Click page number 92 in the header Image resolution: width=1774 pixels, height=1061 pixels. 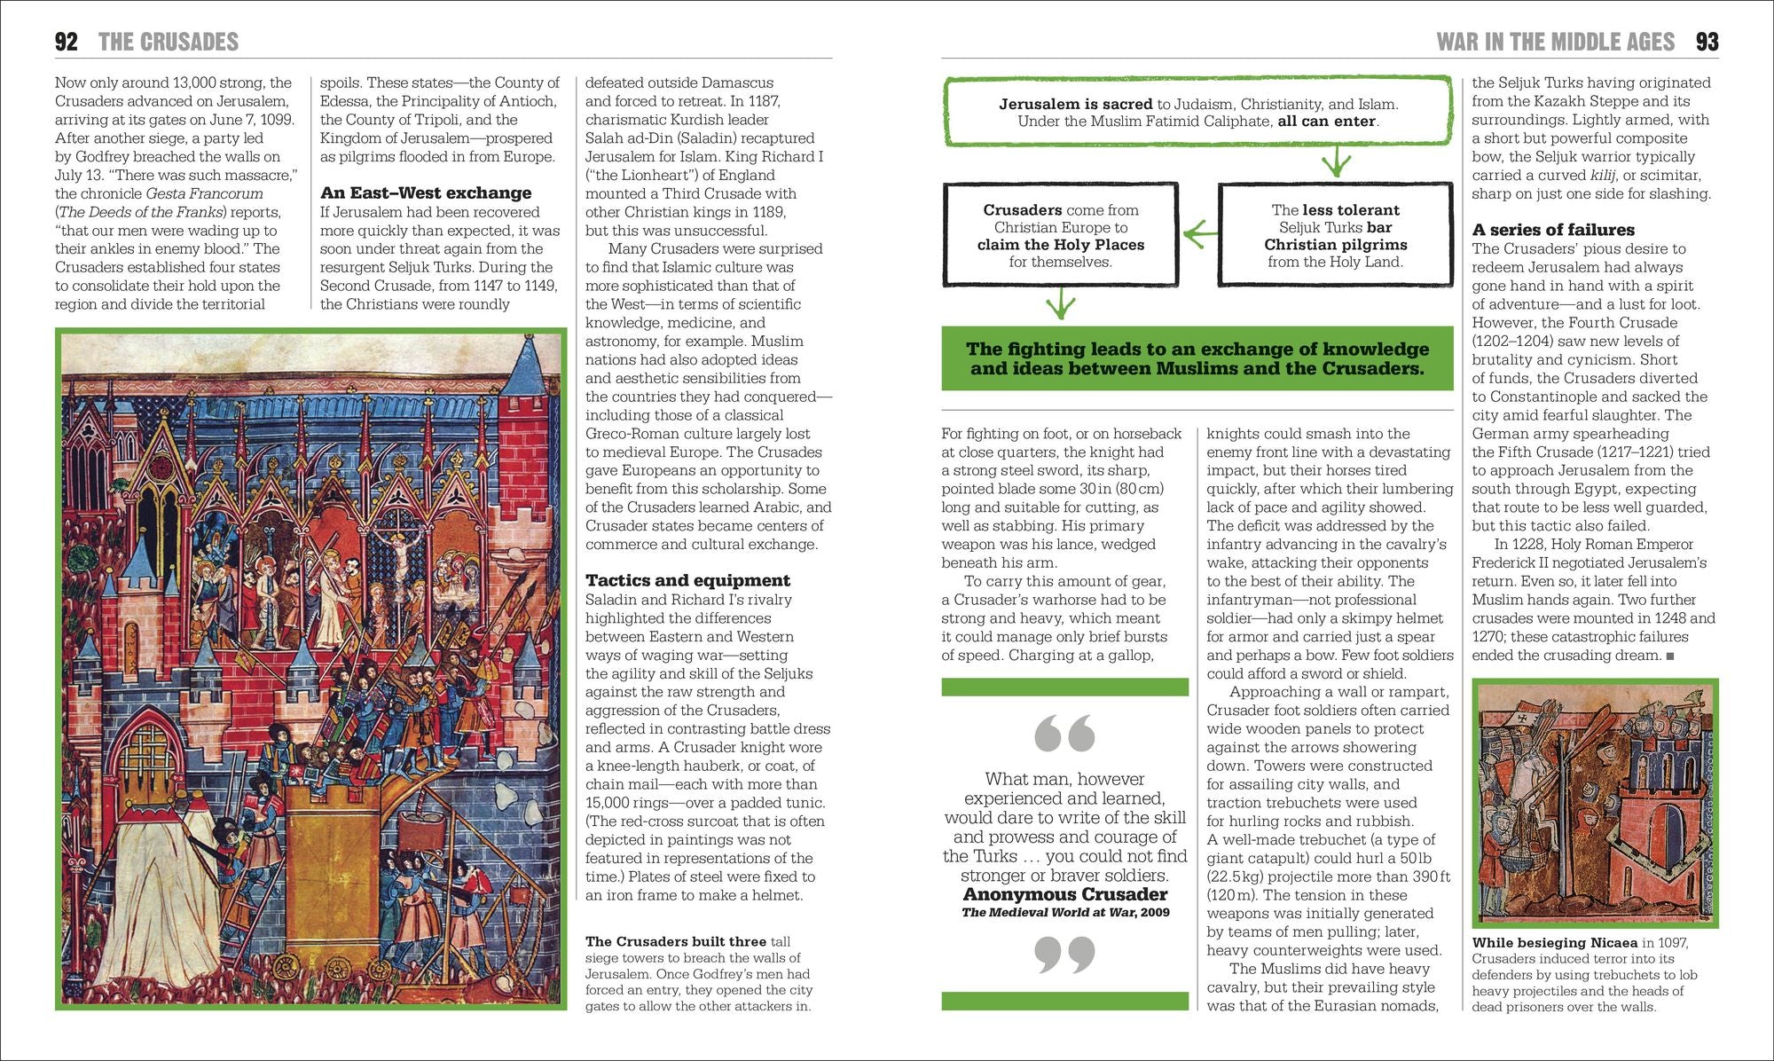[67, 42]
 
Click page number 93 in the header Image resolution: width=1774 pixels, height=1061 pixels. [1707, 42]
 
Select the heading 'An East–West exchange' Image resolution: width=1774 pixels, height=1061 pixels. [426, 193]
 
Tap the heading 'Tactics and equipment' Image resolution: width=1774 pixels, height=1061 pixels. [687, 580]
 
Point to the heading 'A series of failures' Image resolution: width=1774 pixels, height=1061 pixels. [1553, 230]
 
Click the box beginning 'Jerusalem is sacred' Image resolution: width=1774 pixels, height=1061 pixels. [1197, 113]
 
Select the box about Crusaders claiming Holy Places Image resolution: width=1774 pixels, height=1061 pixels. [1061, 235]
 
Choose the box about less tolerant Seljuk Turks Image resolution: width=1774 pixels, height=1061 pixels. [1336, 235]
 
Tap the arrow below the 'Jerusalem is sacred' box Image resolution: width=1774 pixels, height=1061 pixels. [1336, 163]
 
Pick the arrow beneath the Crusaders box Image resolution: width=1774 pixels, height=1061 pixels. [1061, 304]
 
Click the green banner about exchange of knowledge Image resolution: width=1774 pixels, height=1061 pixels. [1197, 358]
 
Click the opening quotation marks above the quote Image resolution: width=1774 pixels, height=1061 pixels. [1064, 733]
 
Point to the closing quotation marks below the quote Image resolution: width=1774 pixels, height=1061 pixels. [1064, 955]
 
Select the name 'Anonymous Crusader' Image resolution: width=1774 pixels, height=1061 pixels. [1065, 894]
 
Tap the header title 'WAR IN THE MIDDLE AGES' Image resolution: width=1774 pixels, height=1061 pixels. [1556, 42]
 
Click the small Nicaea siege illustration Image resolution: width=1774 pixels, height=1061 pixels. [1595, 803]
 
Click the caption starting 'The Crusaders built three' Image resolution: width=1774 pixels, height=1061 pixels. [698, 973]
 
